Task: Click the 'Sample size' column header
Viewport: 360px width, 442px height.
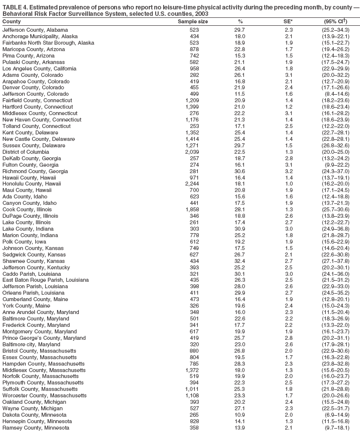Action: pos(193,22)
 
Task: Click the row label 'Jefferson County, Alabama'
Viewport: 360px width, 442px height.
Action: pos(34,30)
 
